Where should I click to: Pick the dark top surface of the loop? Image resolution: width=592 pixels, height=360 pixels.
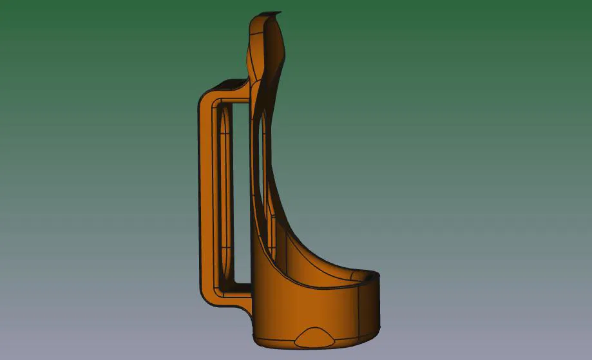pyautogui.click(x=229, y=84)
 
